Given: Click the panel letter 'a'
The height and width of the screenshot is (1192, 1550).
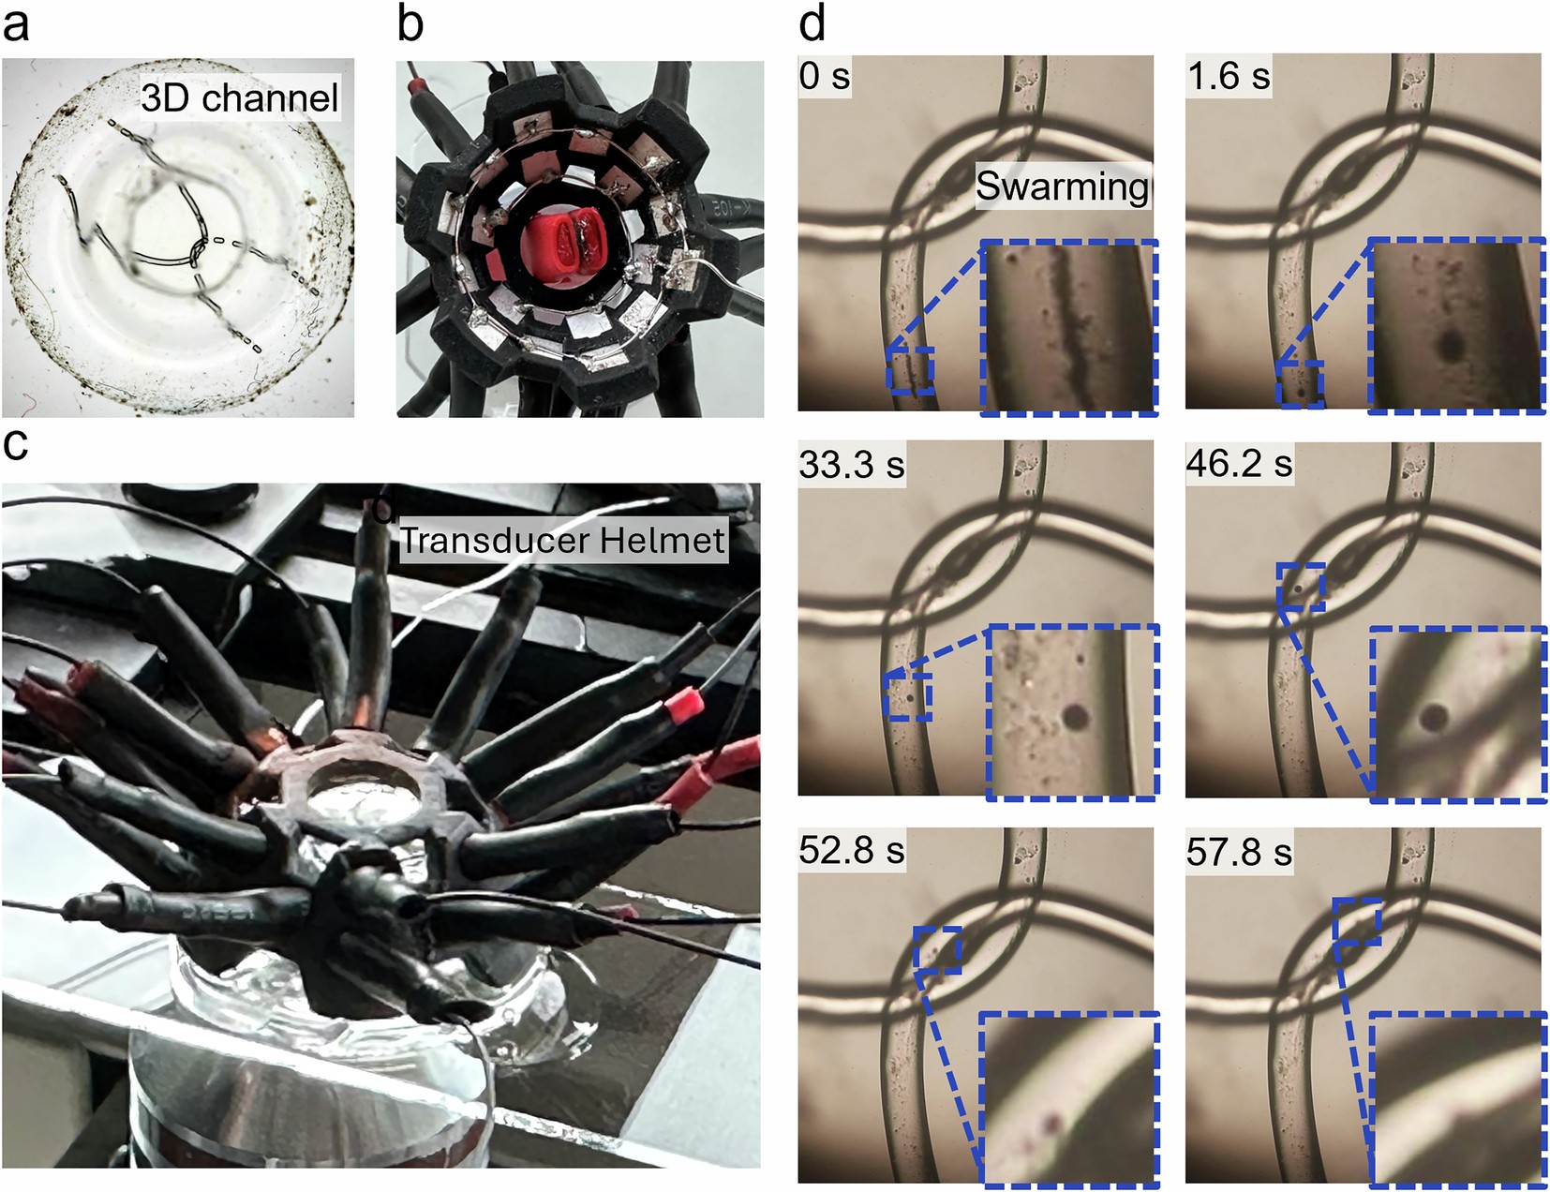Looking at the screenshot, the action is pos(16,25).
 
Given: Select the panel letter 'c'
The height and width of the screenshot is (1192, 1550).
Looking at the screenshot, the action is pos(15,444).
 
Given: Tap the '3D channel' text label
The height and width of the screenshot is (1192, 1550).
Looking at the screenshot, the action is pos(239,97).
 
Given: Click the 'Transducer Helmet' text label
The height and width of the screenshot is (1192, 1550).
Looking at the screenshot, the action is pos(563,540).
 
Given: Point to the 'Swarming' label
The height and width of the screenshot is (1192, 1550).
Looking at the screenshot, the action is pos(1062,186).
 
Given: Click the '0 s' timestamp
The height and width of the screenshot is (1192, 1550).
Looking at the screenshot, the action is pos(825,76).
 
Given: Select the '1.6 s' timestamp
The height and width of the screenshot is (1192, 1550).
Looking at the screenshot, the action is pos(1229,76).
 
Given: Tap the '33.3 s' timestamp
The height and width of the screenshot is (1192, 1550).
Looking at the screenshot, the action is pos(852,465).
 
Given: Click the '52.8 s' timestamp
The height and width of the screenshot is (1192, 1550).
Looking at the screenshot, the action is pos(852,850).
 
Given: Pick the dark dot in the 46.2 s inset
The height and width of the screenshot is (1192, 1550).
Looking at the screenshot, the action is pos(1432,716).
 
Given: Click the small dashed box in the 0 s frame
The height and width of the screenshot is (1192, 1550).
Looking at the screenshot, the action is pos(911,371).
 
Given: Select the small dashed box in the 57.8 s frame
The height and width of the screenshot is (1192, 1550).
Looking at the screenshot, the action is pos(1357,920).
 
